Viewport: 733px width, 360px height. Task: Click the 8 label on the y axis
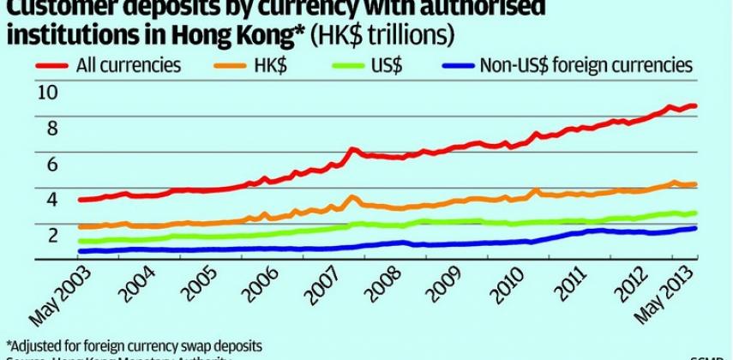point(51,128)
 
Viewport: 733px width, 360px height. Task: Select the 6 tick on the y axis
point(51,164)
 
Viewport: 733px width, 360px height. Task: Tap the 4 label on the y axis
point(51,200)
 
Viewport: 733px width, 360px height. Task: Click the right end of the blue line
point(695,228)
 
